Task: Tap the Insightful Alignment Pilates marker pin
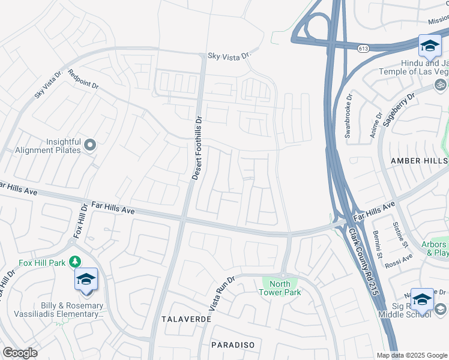(x=90, y=144)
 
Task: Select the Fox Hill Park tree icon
(x=75, y=262)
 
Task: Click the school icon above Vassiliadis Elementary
(x=86, y=280)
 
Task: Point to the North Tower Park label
(x=280, y=288)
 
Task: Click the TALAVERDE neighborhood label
(x=186, y=319)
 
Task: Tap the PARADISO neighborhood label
(x=234, y=345)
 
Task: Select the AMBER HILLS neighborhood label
(x=419, y=161)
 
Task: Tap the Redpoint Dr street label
(x=83, y=79)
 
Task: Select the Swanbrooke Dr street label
(x=349, y=116)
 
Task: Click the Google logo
(x=20, y=353)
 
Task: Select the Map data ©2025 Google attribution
(x=411, y=355)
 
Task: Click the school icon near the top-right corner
(x=430, y=46)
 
